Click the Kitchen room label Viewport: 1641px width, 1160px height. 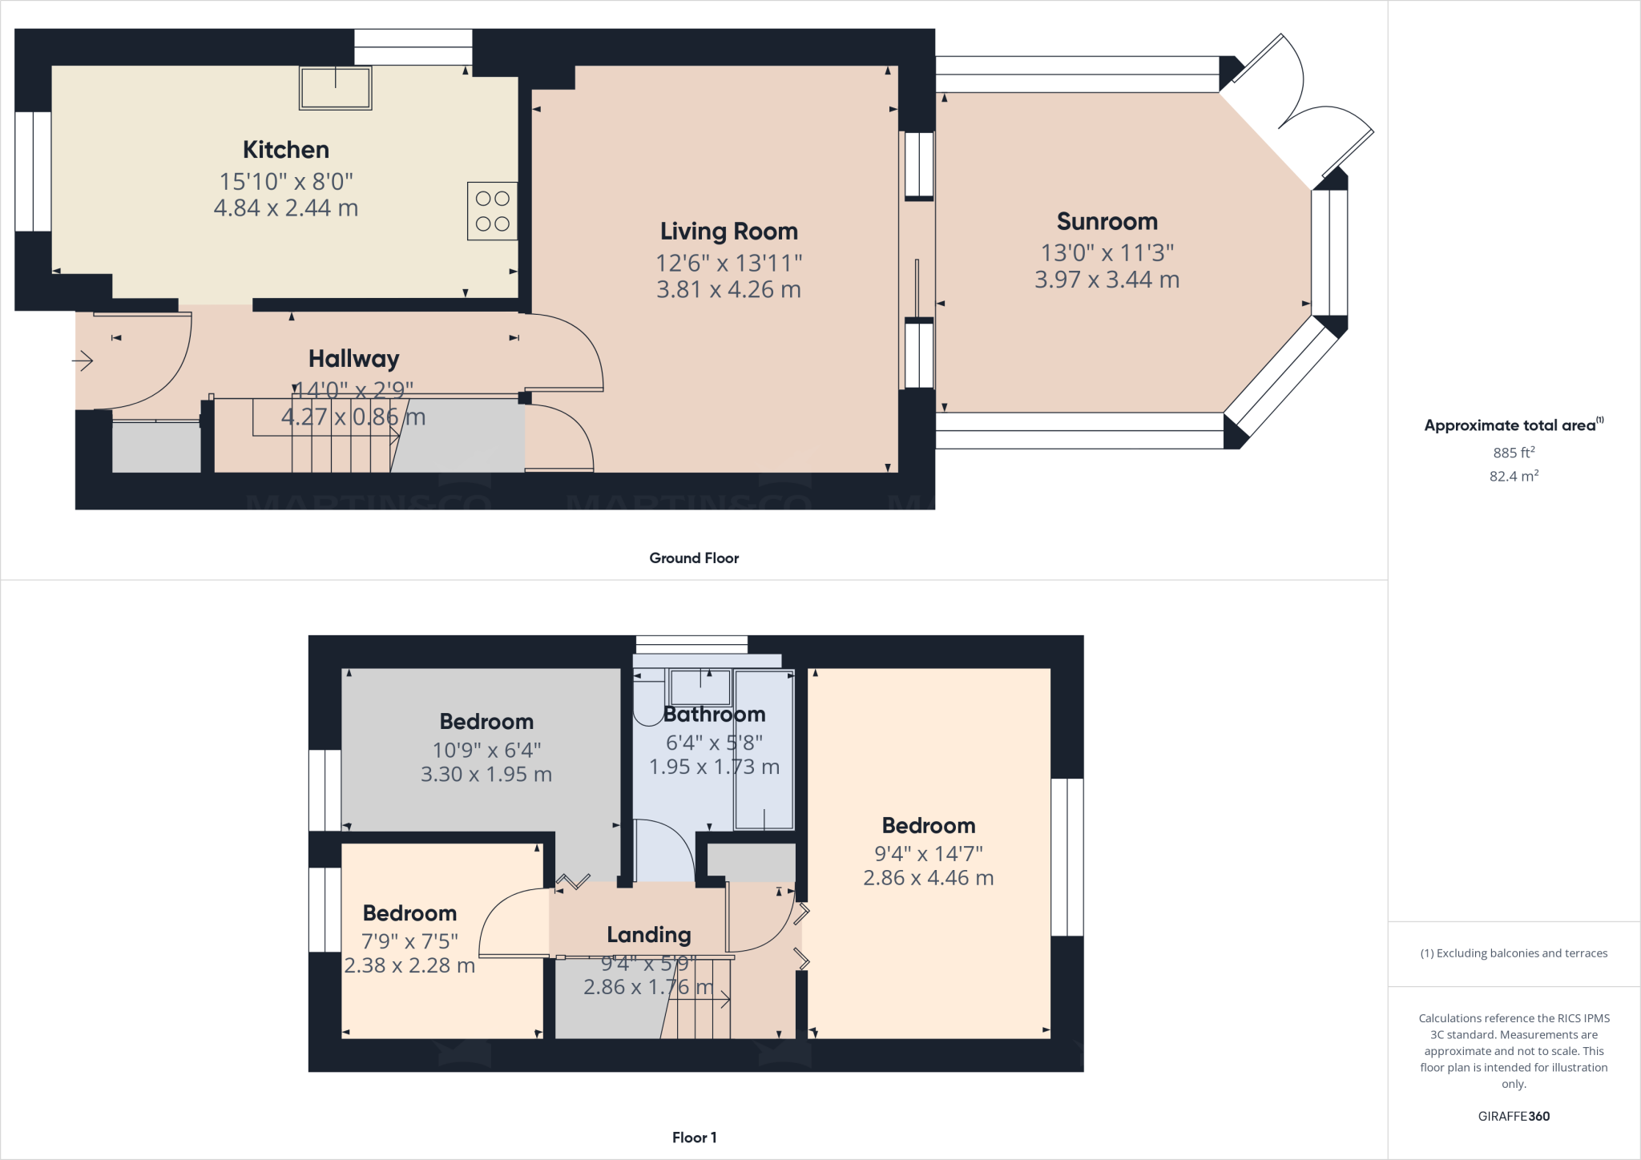coord(286,150)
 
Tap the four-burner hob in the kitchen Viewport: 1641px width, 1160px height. coord(492,211)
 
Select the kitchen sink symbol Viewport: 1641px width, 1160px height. coord(335,87)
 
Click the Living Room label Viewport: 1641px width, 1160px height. coord(728,232)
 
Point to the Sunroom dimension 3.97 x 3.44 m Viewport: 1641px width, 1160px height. coord(1107,280)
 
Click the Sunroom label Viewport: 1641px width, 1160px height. coord(1107,221)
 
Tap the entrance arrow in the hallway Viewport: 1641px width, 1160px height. coord(83,362)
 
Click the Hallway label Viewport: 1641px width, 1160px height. coord(353,359)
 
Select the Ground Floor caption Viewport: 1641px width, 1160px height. coord(694,558)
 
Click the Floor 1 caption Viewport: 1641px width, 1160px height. coord(694,1138)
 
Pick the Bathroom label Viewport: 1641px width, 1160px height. coord(714,715)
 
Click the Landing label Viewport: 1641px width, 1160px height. coord(648,935)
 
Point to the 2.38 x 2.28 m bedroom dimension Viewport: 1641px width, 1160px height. coord(409,965)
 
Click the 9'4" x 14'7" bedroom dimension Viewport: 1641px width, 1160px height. coord(928,854)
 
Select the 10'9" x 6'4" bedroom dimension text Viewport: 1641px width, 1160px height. coord(486,751)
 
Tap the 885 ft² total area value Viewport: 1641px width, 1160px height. coord(1514,453)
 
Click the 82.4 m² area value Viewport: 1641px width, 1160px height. coord(1514,476)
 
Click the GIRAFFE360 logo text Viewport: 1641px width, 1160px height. coord(1514,1116)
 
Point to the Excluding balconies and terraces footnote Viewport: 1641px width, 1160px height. coord(1514,953)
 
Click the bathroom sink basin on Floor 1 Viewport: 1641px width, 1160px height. coord(700,687)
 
